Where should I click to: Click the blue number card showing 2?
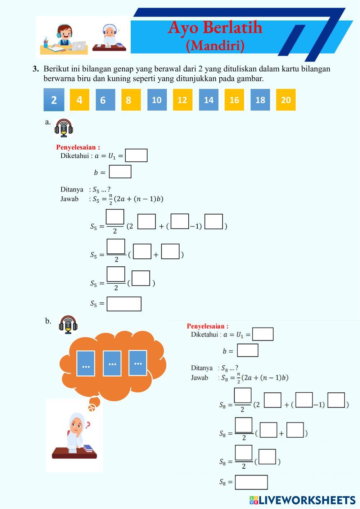[54, 100]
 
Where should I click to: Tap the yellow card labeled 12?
[183, 100]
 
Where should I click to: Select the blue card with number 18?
[260, 100]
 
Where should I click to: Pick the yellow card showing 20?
[286, 100]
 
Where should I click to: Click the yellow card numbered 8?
[131, 100]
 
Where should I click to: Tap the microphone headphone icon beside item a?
[64, 128]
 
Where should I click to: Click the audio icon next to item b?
[68, 324]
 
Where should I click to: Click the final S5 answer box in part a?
[124, 304]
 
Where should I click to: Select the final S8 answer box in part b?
[251, 482]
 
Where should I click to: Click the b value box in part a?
[120, 172]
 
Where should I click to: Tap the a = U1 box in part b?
[263, 334]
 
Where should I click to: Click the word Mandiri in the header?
[215, 45]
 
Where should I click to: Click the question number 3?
[35, 68]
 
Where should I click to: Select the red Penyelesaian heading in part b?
[207, 326]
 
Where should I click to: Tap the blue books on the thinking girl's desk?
[88, 448]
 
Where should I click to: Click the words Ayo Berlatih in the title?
[215, 27]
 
